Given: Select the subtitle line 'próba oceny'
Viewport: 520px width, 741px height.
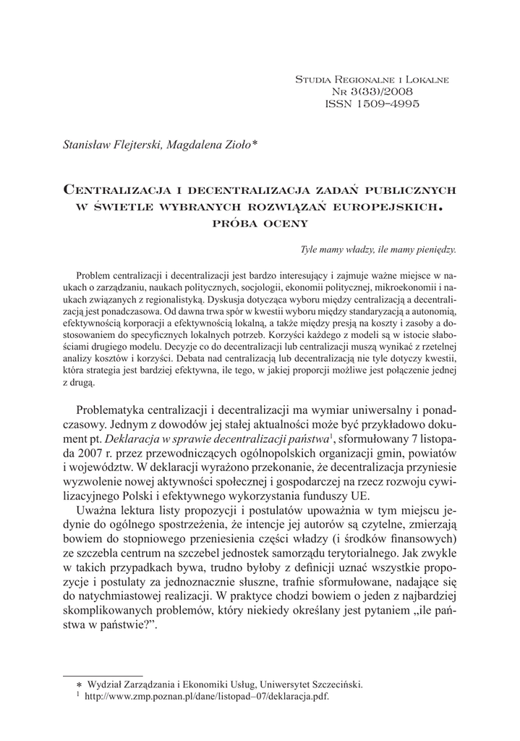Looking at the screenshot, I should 259,223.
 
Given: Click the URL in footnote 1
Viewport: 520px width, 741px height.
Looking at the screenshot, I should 205,695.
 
